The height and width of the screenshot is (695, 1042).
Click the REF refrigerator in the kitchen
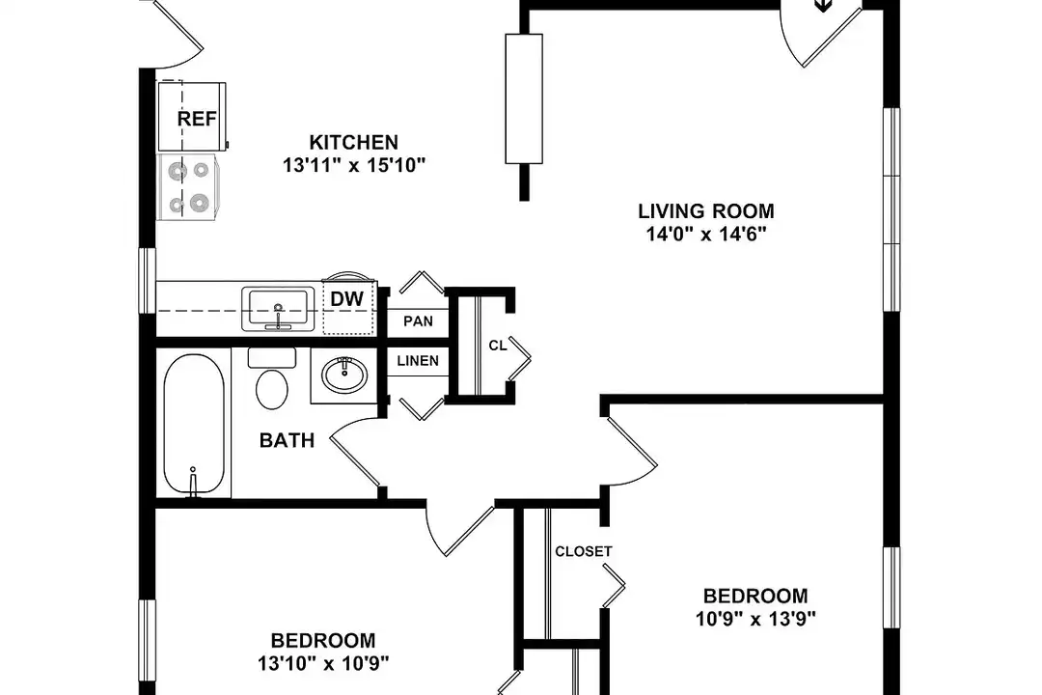coord(191,117)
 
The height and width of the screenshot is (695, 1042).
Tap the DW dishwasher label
coord(347,299)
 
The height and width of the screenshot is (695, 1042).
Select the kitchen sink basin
coord(278,308)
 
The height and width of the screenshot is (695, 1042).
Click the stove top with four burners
coord(187,187)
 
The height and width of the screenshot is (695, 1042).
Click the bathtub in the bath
coord(193,425)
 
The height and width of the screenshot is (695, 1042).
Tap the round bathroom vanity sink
coord(344,375)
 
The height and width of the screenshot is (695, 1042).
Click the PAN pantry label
coord(418,321)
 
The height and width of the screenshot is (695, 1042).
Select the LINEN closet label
coord(418,360)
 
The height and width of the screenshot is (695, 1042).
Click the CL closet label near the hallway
coord(497,346)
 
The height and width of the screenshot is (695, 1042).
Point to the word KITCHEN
coord(353,142)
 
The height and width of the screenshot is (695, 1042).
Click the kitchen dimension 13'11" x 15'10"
coord(353,165)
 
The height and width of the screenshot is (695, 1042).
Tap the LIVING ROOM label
coord(706,210)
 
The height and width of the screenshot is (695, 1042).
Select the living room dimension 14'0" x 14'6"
coord(706,235)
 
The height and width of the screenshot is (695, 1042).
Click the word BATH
coord(288,440)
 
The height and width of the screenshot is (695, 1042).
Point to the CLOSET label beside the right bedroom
coord(584,551)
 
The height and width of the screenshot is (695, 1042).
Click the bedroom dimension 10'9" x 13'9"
coord(755,619)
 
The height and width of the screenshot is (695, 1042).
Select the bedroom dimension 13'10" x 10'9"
coord(323,663)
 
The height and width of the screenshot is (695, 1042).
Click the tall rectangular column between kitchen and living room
coord(524,98)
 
